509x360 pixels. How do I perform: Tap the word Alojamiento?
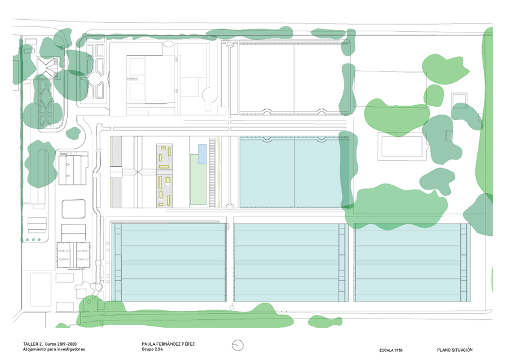pyautogui.click(x=34, y=349)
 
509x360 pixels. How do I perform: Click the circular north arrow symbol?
pyautogui.click(x=238, y=345)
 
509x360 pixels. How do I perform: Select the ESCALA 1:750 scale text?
pyautogui.click(x=391, y=350)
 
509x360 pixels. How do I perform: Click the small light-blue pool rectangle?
pyautogui.click(x=202, y=154)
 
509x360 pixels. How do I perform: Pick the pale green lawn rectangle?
pyautogui.click(x=198, y=179)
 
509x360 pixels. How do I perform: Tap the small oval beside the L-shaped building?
pyautogui.click(x=169, y=44)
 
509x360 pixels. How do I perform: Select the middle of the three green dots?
pyautogui.click(x=33, y=240)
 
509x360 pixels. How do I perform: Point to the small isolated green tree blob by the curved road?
pyautogui.click(x=73, y=133)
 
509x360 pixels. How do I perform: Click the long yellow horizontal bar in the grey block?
pyautogui.click(x=164, y=167)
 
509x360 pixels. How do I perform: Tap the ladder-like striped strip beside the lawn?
pyautogui.click(x=212, y=173)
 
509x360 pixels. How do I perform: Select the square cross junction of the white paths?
pyautogui.click(x=138, y=172)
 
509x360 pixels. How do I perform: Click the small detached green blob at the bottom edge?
pyautogui.click(x=325, y=322)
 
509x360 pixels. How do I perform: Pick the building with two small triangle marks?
pyautogui.click(x=73, y=170)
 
